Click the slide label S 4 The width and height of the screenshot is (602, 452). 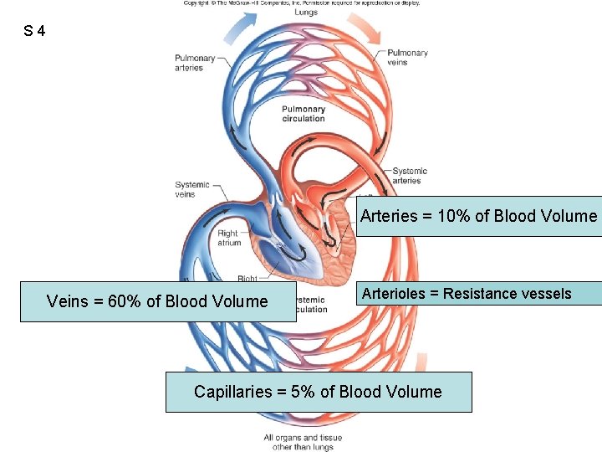click(35, 32)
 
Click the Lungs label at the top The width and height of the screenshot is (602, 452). click(306, 13)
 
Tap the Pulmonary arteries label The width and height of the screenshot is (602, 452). click(194, 63)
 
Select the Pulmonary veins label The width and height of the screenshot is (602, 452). click(407, 57)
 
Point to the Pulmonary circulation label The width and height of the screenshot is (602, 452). click(303, 114)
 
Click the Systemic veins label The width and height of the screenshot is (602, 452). click(191, 189)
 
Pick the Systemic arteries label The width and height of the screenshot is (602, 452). click(409, 175)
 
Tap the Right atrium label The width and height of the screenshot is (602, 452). click(228, 238)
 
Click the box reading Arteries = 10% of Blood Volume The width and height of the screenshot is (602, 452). click(478, 216)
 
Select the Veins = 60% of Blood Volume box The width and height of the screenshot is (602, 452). click(157, 301)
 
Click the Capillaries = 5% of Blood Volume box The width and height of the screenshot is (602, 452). click(318, 392)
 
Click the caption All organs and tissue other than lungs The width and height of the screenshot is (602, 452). click(302, 442)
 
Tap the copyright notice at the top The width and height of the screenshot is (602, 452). click(302, 3)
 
